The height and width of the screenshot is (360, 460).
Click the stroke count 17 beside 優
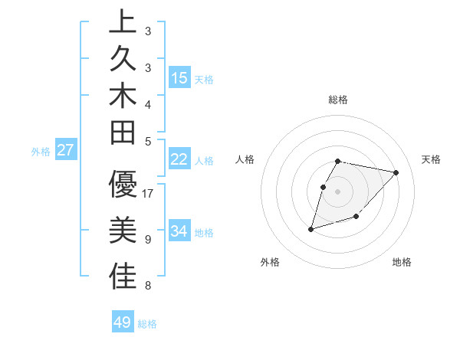coord(148,194)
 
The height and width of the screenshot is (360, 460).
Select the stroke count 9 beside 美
coord(147,240)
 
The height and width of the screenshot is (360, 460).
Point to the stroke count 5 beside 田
coord(147,141)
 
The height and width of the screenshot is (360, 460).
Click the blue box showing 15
coord(179,78)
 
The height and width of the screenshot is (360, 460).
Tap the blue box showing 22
coord(179,159)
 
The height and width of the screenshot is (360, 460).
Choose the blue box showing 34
coord(179,231)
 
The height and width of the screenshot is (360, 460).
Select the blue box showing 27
coord(66,150)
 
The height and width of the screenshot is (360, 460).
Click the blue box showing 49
coord(123,322)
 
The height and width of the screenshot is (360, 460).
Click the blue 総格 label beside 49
coord(147,324)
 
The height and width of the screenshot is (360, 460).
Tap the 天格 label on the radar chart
coord(431,159)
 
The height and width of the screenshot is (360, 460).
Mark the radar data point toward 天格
coord(396,172)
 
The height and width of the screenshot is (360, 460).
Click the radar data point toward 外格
coord(311,228)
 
